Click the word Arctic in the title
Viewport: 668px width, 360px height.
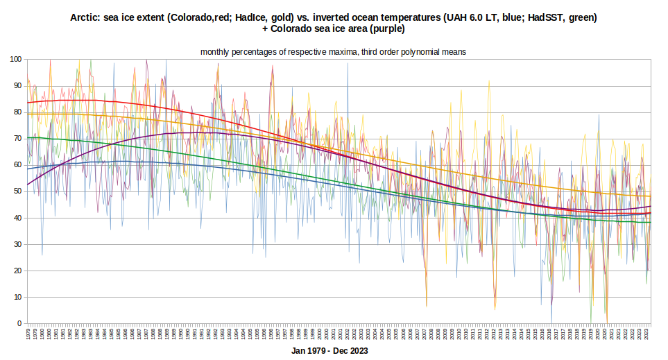[85, 17]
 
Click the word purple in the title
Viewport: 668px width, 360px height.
[386, 29]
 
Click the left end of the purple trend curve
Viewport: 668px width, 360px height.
[27, 185]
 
